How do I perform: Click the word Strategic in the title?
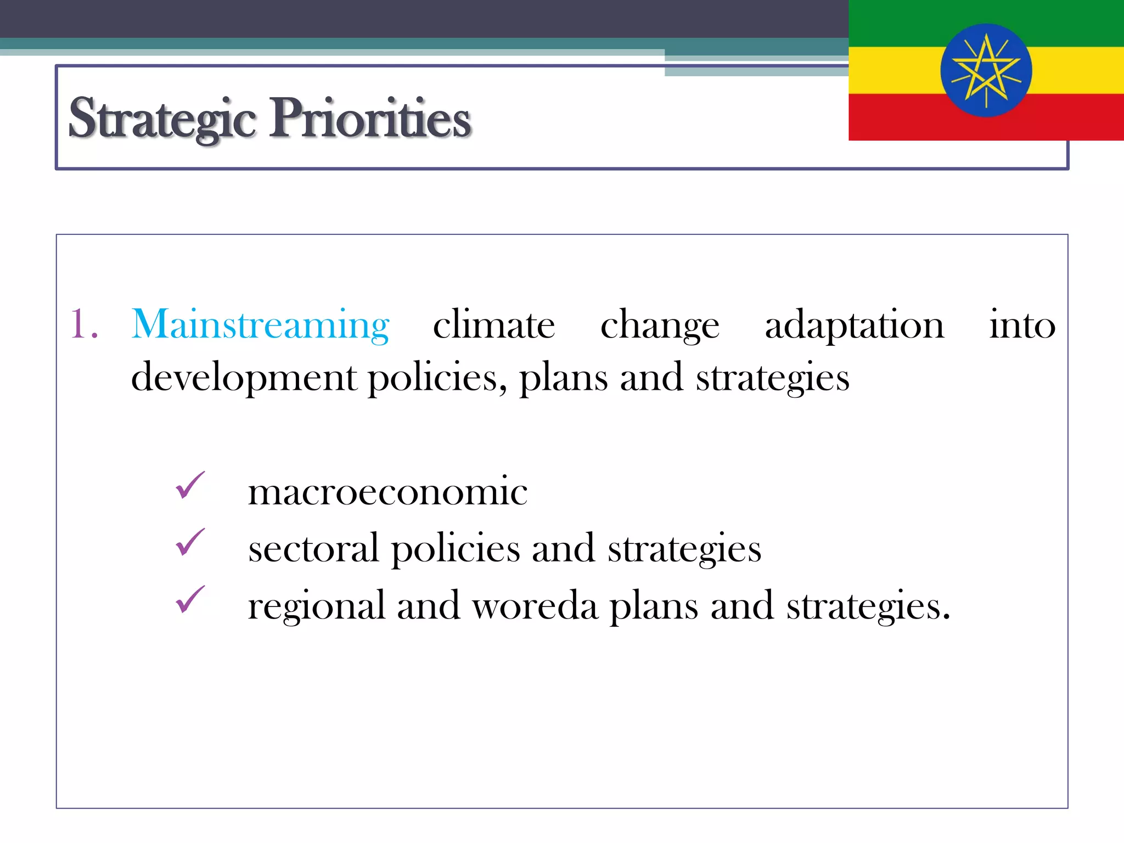162,118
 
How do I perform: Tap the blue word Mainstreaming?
261,325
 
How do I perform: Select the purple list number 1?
83,325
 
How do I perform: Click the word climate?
494,325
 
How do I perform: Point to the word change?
660,326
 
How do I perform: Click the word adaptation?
855,326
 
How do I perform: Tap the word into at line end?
1022,325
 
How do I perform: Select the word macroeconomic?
387,491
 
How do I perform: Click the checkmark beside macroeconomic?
190,486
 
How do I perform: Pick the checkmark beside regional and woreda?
190,599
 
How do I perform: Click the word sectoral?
313,549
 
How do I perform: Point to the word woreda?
535,606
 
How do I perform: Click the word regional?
316,607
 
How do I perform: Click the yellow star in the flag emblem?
986,70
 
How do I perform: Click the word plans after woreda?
654,607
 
